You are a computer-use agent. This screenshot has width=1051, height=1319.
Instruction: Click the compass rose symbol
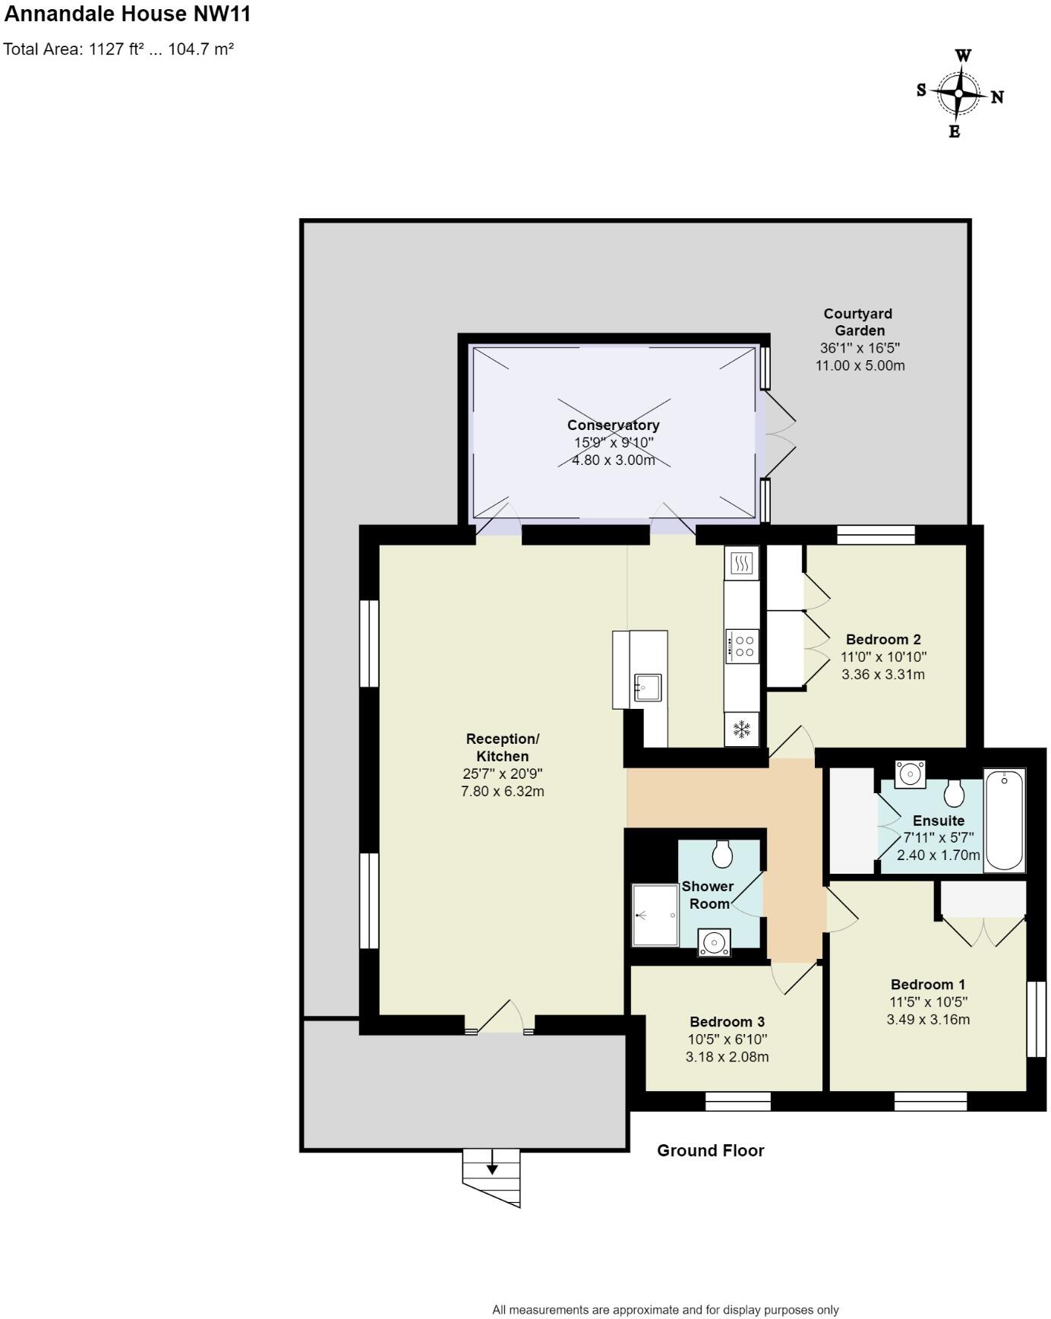tap(959, 94)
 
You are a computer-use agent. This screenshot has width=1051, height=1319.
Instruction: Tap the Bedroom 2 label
tap(883, 640)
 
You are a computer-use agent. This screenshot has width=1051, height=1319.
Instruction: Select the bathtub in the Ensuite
tap(1004, 819)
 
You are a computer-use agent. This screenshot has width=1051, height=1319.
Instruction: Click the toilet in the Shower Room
tap(722, 854)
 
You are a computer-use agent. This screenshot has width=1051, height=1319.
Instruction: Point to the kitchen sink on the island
tap(648, 688)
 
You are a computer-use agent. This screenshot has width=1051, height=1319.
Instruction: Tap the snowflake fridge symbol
tap(741, 730)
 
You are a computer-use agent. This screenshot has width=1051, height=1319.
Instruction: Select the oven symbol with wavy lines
tap(742, 563)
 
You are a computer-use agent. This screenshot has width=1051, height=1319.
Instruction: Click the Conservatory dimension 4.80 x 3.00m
tap(613, 460)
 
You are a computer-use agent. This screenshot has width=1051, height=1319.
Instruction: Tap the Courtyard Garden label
tap(859, 322)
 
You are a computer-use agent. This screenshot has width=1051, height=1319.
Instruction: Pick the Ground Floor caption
tap(710, 1150)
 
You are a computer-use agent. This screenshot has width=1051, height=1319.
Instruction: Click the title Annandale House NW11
tap(128, 14)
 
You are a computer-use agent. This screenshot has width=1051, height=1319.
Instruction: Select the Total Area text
tap(118, 50)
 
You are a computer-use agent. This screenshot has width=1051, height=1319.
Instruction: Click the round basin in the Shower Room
tap(714, 943)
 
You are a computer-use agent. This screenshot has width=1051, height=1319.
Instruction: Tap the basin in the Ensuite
tap(909, 774)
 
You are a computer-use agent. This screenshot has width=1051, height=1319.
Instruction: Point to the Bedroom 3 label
tap(727, 1022)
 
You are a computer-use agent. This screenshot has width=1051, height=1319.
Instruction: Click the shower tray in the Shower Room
tap(655, 916)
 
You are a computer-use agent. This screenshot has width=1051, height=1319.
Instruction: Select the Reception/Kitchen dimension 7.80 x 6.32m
tap(502, 792)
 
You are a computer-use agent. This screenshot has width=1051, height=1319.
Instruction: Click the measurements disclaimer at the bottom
tap(665, 1310)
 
